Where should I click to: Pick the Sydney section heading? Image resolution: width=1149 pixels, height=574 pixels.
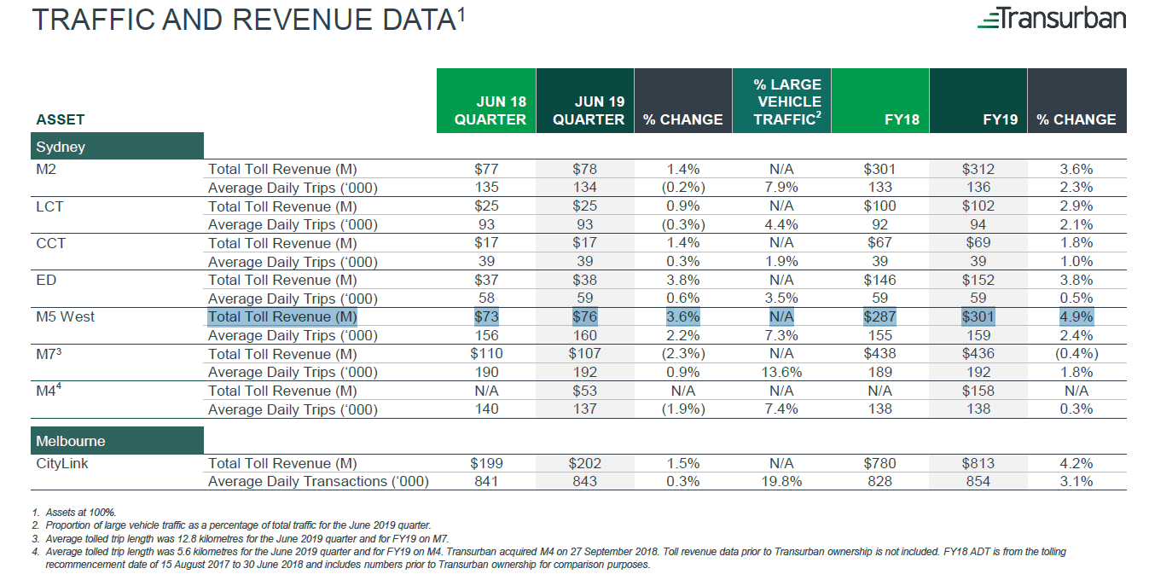[x=61, y=147]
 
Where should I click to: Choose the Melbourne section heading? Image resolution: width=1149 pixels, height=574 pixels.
[x=71, y=441]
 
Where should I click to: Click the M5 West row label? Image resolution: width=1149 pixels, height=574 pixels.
[x=66, y=316]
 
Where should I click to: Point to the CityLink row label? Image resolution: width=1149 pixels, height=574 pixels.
[x=62, y=463]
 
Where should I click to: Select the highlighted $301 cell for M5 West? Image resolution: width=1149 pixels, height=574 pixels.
[x=978, y=317]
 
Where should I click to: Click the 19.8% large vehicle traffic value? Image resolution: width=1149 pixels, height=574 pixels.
[x=781, y=482]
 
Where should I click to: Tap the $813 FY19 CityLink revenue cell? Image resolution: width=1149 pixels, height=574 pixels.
[x=978, y=463]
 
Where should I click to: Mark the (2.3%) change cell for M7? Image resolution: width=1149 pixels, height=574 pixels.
[x=682, y=353]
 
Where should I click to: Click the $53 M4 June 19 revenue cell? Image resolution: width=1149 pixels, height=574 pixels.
[x=585, y=391]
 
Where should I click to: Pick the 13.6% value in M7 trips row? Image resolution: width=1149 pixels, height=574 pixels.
[x=781, y=372]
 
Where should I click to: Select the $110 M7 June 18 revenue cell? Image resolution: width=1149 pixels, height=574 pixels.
[x=486, y=353]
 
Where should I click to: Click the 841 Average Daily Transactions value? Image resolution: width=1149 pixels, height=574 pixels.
[x=486, y=482]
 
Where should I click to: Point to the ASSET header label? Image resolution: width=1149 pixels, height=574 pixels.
[x=60, y=119]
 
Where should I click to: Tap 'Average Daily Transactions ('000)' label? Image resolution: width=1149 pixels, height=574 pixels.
[x=318, y=482]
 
